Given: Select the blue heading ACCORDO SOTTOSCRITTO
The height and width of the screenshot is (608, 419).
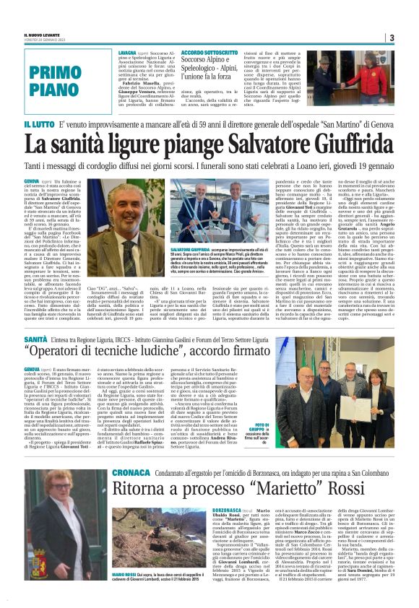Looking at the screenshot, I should (208, 53).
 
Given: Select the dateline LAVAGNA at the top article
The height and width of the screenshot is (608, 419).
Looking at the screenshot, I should (130, 53).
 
